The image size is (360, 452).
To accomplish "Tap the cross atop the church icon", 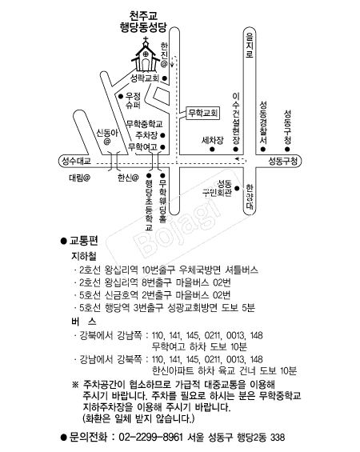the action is click(146, 39).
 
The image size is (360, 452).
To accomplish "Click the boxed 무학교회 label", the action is click(202, 113).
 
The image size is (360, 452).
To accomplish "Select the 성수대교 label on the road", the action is click(77, 161).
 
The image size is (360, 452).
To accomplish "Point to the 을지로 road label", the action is click(250, 46).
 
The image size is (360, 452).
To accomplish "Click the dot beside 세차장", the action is click(212, 150).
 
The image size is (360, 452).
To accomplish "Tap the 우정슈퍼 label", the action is click(133, 100).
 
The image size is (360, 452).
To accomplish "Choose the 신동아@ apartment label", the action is click(107, 137).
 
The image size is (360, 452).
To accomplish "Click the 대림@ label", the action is click(79, 178).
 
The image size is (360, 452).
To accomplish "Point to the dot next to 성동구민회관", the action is click(237, 189).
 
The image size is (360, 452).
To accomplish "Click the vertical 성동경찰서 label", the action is click(263, 122).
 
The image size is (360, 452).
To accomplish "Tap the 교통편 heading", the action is click(84, 241).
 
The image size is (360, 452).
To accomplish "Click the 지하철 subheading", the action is click(83, 256).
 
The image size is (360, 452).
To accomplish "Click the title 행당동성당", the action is click(143, 27).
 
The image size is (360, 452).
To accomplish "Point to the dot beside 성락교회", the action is click(165, 78).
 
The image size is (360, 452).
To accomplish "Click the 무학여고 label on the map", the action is click(143, 147).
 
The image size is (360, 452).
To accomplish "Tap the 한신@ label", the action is click(128, 178).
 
